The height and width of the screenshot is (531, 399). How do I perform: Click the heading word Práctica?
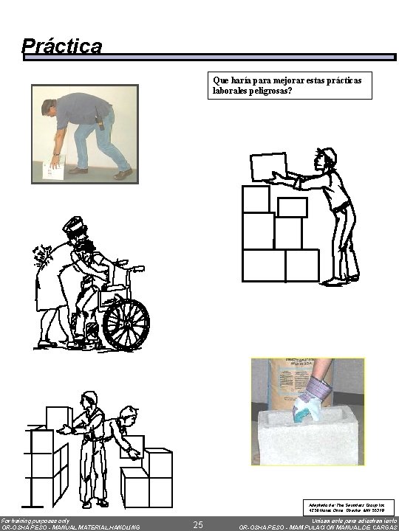pyautogui.click(x=62, y=46)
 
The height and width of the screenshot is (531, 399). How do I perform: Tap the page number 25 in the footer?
pyautogui.click(x=197, y=524)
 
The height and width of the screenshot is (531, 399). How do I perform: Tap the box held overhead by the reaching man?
pyautogui.click(x=268, y=166)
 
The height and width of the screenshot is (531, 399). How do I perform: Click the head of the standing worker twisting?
pyautogui.click(x=90, y=403)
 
